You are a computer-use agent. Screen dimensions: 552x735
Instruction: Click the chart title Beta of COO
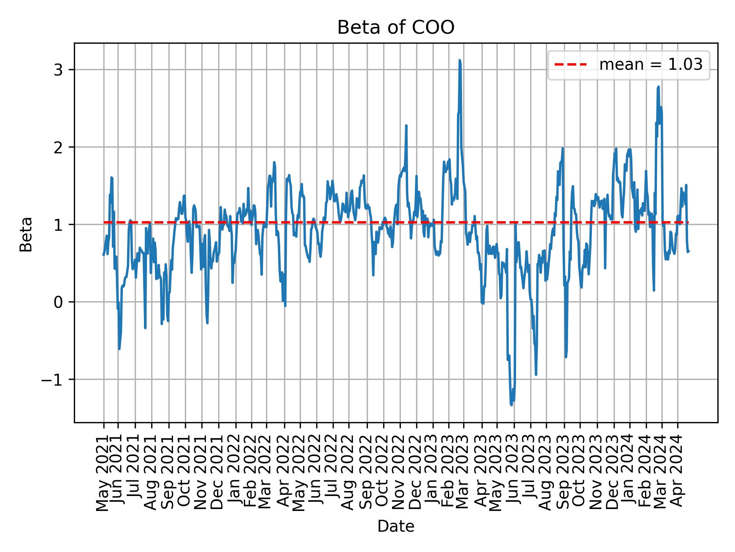(x=395, y=28)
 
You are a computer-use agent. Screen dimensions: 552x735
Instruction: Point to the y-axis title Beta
(x=26, y=234)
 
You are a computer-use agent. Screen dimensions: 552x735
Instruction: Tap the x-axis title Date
(x=395, y=526)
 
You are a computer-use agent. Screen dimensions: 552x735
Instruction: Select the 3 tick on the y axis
(x=58, y=70)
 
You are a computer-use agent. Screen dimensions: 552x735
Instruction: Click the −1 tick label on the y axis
(x=52, y=379)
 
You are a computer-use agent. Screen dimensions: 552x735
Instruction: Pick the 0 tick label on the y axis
(x=58, y=302)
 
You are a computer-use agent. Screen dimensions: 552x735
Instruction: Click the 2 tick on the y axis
(x=58, y=148)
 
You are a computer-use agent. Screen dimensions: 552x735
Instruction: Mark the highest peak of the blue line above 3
(x=459, y=60)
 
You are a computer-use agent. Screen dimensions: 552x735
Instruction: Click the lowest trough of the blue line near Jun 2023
(x=511, y=405)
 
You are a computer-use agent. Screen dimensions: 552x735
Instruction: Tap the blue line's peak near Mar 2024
(x=658, y=87)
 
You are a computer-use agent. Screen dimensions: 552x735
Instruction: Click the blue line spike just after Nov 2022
(x=406, y=125)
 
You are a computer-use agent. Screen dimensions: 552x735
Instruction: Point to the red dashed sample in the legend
(x=570, y=65)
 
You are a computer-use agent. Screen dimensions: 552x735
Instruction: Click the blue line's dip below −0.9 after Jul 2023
(x=536, y=375)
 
